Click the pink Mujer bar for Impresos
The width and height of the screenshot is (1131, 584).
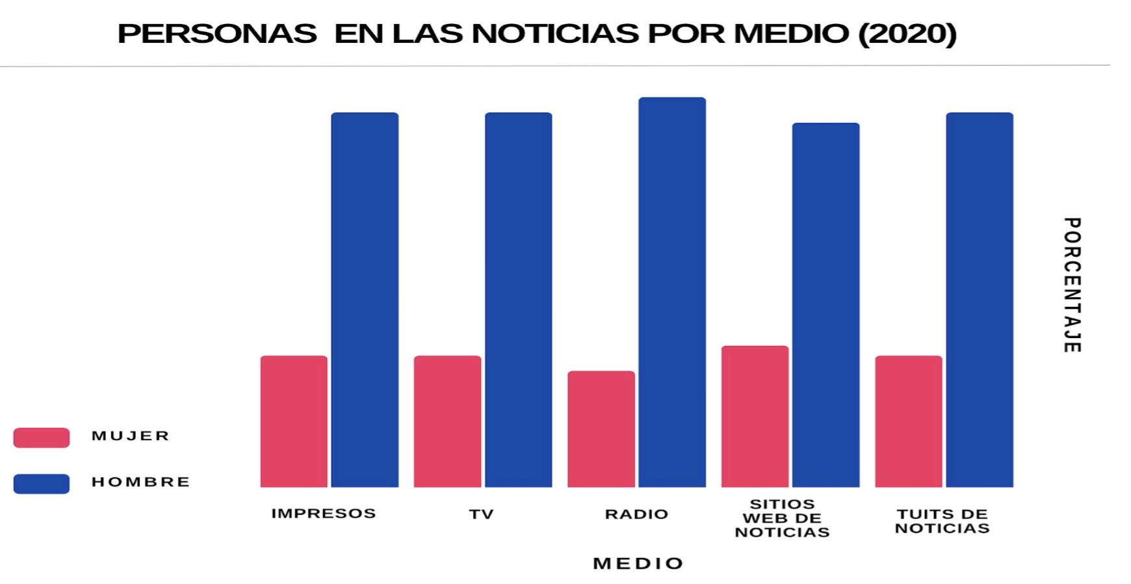coord(294,421)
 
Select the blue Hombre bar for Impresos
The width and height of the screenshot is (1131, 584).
coord(365,300)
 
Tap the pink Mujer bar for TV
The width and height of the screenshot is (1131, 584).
coord(447,421)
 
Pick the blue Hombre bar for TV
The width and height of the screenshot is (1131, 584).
coord(518,300)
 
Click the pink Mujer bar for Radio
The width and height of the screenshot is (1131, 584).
coord(601,429)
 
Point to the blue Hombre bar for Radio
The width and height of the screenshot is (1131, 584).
coord(672,292)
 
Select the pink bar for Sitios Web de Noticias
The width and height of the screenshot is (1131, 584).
coord(755,416)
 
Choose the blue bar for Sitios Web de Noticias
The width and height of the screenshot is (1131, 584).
coord(825,305)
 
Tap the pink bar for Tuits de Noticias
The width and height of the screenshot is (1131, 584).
coord(908,421)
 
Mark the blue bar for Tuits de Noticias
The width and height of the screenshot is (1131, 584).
coord(980,300)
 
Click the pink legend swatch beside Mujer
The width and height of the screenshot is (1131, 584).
coord(42,438)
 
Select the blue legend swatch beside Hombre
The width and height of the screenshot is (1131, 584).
coord(42,484)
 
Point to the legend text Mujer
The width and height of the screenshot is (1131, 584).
coord(131,436)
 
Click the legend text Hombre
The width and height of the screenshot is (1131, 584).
coord(140,482)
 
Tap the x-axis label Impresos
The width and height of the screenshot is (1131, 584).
coord(324,513)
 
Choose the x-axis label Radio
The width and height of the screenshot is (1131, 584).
coord(637,514)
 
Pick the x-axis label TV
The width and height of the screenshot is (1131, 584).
coord(482,514)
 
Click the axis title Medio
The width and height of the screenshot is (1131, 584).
coord(638,563)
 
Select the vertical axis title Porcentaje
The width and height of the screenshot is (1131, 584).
coord(1072,285)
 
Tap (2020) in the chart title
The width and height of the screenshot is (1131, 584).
coord(907,34)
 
